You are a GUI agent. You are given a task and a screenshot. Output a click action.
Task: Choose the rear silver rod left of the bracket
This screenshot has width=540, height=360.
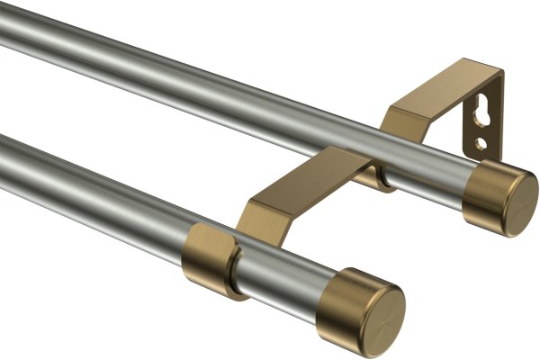click(x=180, y=72)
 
